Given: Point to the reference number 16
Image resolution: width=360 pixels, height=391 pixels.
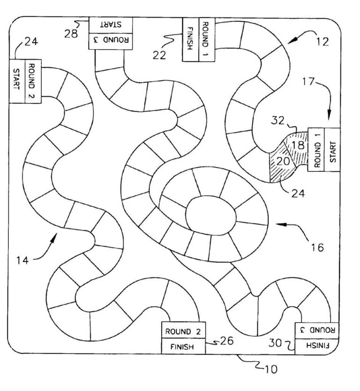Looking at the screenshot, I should [317, 247].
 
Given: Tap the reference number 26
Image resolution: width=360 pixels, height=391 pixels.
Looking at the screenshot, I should [228, 342].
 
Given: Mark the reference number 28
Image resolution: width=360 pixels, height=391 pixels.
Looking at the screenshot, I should [72, 35].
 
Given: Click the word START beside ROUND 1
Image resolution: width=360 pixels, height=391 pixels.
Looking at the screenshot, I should [332, 150].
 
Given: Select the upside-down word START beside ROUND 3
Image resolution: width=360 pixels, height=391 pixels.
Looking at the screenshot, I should [111, 23].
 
